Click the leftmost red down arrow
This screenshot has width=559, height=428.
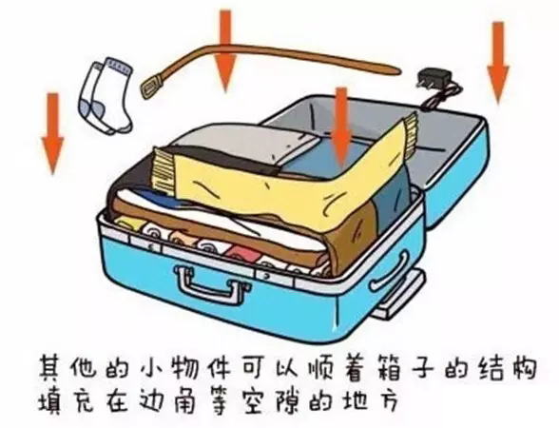point(53,134)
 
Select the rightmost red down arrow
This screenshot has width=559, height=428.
point(498,63)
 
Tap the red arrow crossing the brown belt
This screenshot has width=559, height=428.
point(225,50)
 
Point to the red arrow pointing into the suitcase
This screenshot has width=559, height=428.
point(341,126)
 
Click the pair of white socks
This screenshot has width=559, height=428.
point(106,95)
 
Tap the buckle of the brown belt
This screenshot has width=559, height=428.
point(152,87)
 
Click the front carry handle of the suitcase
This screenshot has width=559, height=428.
point(211,282)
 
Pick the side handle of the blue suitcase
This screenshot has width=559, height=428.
point(391,272)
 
